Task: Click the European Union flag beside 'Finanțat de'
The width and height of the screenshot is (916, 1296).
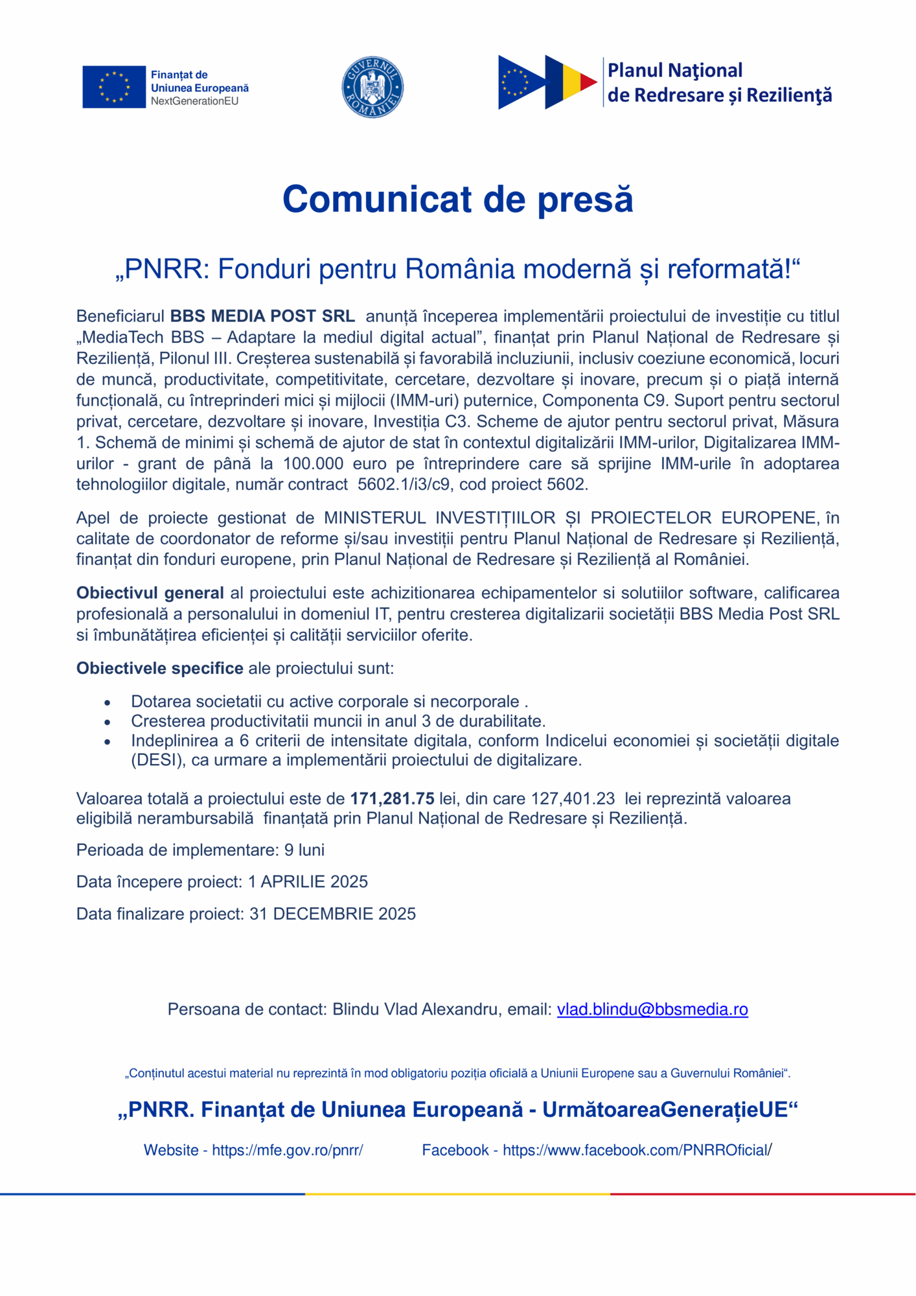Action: coord(114,87)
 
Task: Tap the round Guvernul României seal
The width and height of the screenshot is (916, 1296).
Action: coord(372,87)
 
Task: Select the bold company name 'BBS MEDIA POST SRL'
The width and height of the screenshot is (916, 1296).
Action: coord(262,316)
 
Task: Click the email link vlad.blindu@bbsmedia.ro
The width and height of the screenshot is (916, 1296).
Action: coord(652,1009)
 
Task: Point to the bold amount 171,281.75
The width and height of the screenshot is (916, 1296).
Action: coord(392,798)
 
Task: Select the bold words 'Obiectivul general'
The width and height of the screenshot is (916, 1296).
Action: coord(150,593)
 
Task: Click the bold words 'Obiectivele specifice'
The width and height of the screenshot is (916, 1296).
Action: coord(159,668)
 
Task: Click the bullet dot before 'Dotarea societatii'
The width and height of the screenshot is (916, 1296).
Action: coord(108,702)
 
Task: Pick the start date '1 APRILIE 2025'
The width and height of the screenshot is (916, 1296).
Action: coord(308,881)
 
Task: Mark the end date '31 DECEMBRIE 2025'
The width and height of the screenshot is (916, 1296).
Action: coord(332,914)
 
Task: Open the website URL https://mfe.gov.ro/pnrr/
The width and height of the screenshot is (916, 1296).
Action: coord(287,1150)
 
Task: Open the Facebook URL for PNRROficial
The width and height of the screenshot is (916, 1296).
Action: coord(637,1150)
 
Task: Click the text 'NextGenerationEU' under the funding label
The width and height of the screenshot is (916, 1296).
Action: coord(194,101)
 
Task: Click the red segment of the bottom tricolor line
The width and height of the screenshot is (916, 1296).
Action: coord(763,1194)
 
